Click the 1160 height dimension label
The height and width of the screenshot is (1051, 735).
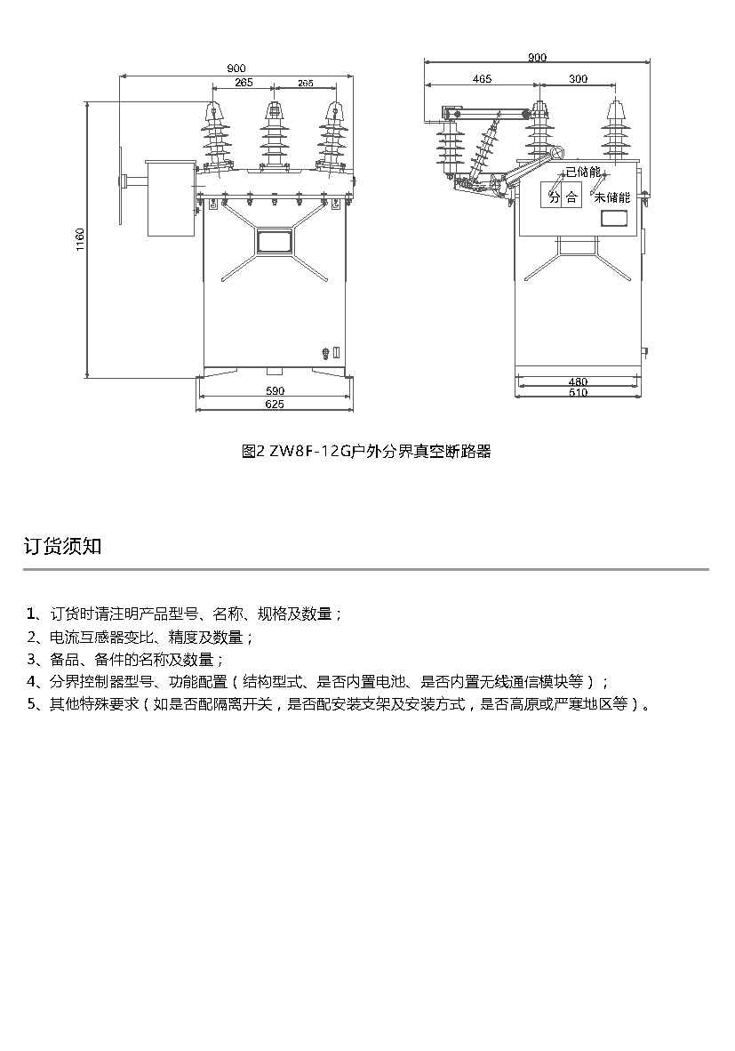80,240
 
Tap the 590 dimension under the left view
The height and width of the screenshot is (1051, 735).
276,390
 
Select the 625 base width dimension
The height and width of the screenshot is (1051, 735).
276,405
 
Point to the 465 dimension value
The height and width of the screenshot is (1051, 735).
482,79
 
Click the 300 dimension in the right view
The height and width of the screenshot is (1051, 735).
579,79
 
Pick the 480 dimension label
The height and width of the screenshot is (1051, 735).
578,382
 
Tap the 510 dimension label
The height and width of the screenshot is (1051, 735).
578,393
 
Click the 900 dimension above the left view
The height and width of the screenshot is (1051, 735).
236,68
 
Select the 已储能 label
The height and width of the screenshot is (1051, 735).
584,172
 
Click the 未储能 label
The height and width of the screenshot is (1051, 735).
612,197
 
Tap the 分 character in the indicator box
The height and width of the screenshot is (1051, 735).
554,197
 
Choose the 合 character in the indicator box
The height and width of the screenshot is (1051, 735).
571,197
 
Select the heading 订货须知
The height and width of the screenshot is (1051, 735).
62,546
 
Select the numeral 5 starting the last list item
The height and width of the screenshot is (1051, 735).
31,704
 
